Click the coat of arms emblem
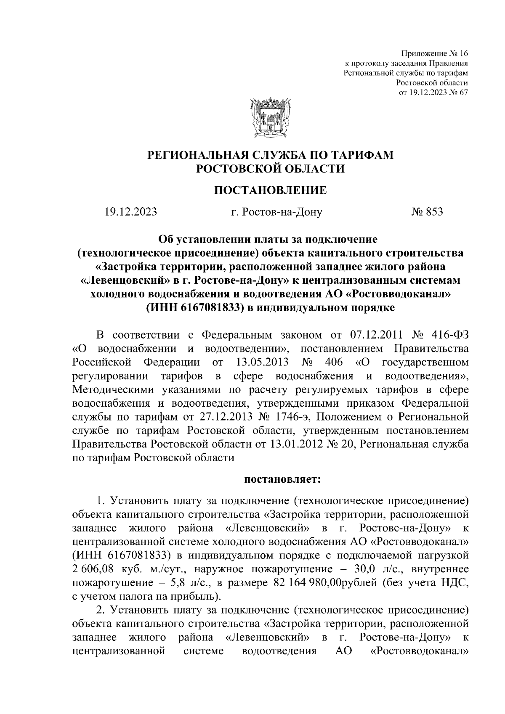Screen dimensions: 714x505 [271, 119]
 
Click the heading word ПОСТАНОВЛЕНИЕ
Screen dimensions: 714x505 [271, 190]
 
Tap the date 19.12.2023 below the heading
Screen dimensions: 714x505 [131, 212]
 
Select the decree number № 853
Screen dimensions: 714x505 [427, 212]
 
